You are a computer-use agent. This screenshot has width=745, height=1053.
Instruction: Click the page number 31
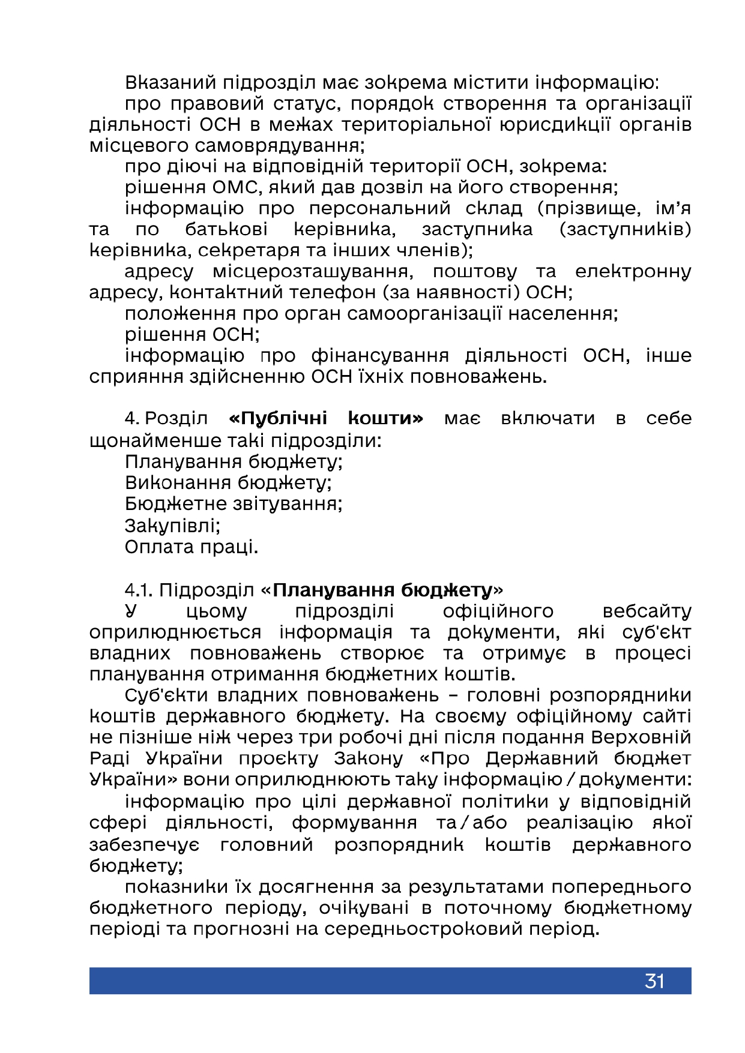tap(654, 981)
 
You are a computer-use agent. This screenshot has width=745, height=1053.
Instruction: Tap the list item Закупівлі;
tap(172, 526)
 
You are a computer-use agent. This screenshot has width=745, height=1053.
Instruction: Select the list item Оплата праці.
tap(192, 547)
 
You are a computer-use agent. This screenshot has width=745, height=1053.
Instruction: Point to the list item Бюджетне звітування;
tap(234, 503)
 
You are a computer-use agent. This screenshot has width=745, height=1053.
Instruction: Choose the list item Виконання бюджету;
tap(228, 483)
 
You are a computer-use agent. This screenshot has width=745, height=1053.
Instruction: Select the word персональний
tap(380, 208)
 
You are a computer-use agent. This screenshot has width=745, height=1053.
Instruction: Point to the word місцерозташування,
tap(313, 272)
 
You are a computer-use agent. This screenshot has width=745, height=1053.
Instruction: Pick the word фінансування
tap(380, 356)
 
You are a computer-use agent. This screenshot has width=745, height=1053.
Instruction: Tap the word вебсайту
tap(647, 611)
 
